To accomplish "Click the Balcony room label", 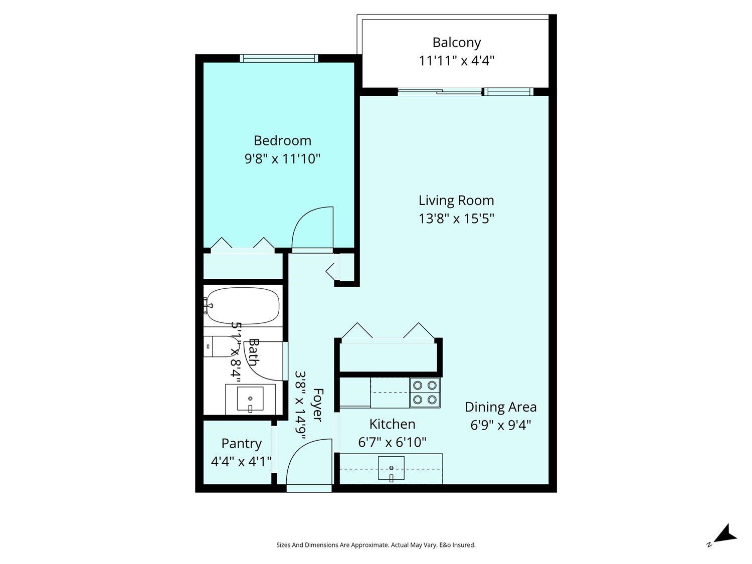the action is [x=456, y=43].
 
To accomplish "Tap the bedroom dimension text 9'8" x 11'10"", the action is [x=282, y=159].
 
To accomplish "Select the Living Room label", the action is [x=456, y=201].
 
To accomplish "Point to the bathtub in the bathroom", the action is [x=243, y=306].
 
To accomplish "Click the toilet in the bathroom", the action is [x=219, y=346].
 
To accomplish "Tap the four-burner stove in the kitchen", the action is [x=425, y=393].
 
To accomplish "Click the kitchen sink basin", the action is [x=391, y=468].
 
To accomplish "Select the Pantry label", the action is [x=241, y=444].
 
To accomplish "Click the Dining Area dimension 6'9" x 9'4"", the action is [x=500, y=425].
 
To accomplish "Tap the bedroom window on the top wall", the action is [x=279, y=58].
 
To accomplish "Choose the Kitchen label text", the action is [x=392, y=424].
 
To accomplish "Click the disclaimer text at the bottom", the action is [x=376, y=545].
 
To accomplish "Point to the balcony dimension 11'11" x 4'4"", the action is [x=456, y=61].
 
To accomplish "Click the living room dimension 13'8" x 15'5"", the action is [x=456, y=219].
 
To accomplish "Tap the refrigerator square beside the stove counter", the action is [x=355, y=393].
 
